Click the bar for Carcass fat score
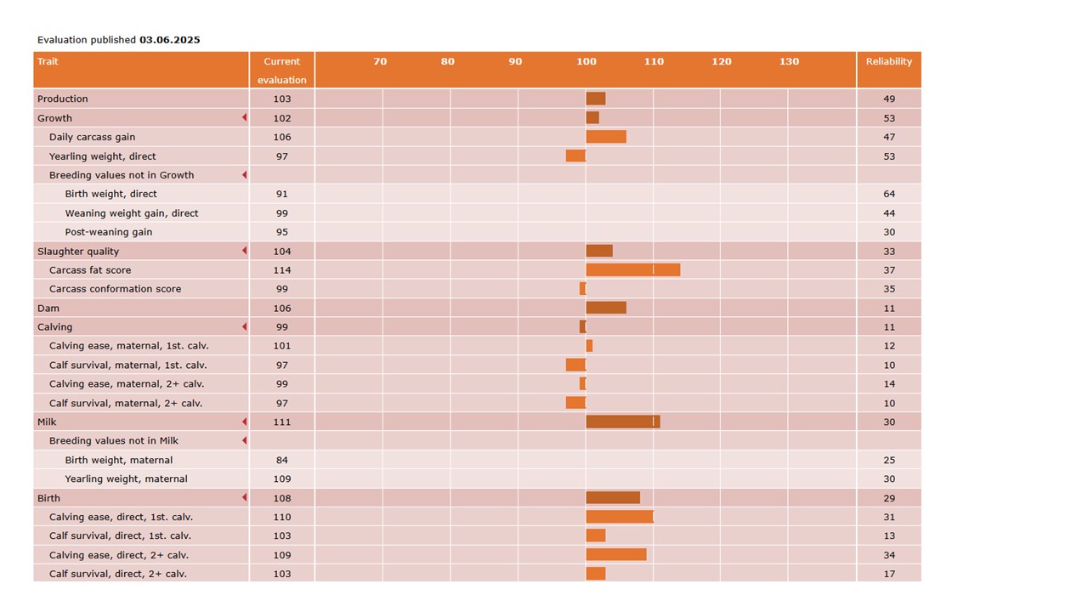click(632, 270)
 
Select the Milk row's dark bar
click(622, 422)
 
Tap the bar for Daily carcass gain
click(606, 137)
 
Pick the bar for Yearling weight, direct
click(575, 156)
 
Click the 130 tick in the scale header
click(789, 61)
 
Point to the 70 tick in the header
click(380, 61)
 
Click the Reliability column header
click(888, 61)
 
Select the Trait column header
click(48, 61)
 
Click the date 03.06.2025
click(169, 40)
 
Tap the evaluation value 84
click(281, 460)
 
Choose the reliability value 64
click(888, 194)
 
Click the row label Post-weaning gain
click(108, 232)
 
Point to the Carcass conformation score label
click(115, 289)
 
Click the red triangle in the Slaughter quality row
click(244, 251)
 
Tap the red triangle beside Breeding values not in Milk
click(244, 440)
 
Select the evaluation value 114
click(281, 270)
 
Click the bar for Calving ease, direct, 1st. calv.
click(619, 517)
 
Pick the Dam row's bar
click(606, 308)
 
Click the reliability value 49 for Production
click(888, 99)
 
